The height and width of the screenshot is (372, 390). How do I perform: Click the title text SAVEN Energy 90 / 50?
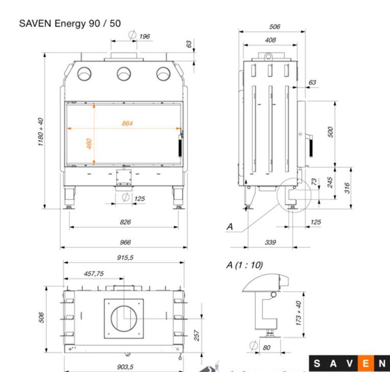point(70,24)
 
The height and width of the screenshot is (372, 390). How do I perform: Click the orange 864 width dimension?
point(127,123)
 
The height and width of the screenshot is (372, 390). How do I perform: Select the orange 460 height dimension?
point(89,145)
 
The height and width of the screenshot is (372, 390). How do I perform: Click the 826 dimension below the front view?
point(125,222)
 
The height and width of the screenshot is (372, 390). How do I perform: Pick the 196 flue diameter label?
point(144,36)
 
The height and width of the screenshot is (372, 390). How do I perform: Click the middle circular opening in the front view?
point(124,74)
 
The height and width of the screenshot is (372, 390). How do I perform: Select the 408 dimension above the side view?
point(270,40)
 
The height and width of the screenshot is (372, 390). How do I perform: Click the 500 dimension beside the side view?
point(330,132)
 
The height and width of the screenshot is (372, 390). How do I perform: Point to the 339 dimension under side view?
point(270,242)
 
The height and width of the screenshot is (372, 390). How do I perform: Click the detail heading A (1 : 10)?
point(245,265)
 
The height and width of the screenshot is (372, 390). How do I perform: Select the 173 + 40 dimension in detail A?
point(299,313)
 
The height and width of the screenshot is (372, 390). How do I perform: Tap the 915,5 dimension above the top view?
point(125,258)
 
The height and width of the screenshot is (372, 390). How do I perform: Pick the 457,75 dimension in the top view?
point(94,274)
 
